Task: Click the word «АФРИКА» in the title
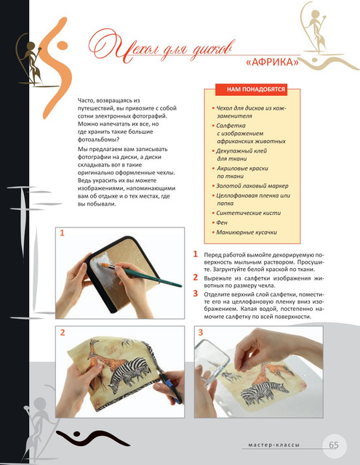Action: click(272, 62)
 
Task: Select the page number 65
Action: click(334, 445)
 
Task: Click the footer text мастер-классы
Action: click(274, 445)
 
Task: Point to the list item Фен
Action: click(222, 222)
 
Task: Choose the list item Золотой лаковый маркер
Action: click(252, 186)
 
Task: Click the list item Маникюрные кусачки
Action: click(247, 232)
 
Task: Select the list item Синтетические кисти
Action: click(248, 213)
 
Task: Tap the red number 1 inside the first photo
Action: click(62, 233)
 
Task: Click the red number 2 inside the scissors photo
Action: click(63, 333)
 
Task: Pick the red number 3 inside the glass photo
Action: click(201, 333)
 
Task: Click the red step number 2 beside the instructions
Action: click(196, 278)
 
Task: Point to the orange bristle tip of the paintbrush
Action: click(103, 264)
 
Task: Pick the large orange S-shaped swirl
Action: click(56, 68)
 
